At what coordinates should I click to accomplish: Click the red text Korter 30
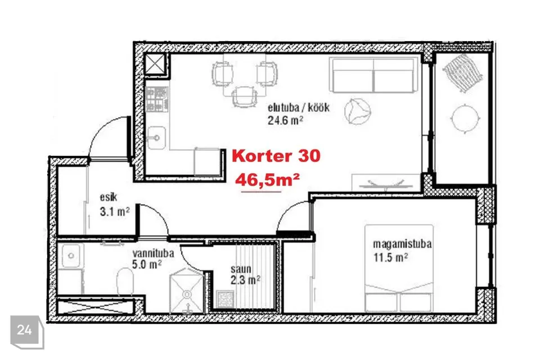click(276, 156)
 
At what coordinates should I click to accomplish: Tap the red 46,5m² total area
click(267, 180)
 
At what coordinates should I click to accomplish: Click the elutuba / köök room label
click(299, 108)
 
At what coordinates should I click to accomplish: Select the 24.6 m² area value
click(285, 120)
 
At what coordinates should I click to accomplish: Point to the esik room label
click(109, 197)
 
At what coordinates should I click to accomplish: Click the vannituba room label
click(153, 254)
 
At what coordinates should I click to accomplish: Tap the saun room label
click(241, 269)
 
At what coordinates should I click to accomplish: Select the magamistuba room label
click(402, 244)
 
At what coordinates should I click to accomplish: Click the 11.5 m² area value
click(391, 257)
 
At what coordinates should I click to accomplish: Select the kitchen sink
click(156, 138)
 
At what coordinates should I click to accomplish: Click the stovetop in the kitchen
click(157, 99)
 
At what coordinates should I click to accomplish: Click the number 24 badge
click(24, 330)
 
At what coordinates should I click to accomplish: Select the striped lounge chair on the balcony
click(462, 73)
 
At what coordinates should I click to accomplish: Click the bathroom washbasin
click(71, 256)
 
